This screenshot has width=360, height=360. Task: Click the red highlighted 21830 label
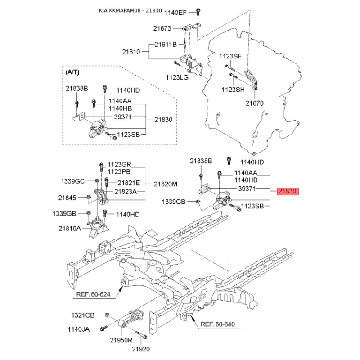[x=288, y=191]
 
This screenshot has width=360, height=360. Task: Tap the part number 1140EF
[x=175, y=13]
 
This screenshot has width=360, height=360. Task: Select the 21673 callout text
[x=162, y=28]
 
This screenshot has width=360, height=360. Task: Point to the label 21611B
[x=166, y=44]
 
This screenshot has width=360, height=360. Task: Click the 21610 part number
[x=131, y=52]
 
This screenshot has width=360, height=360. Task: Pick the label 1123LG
[x=177, y=77]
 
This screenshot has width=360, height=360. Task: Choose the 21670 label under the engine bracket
[x=255, y=103]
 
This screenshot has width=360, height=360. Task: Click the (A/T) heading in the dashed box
[x=72, y=72]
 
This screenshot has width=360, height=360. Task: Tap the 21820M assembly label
[x=166, y=184]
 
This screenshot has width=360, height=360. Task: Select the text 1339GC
[x=72, y=181]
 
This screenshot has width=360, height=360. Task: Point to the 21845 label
[x=67, y=198]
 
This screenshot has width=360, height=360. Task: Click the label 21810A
[x=70, y=229]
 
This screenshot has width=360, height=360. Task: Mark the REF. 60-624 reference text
[x=93, y=294]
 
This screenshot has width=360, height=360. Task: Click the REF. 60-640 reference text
[x=218, y=324]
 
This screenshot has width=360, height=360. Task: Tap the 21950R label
[x=121, y=340]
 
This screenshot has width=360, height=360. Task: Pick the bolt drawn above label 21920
[x=141, y=335]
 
